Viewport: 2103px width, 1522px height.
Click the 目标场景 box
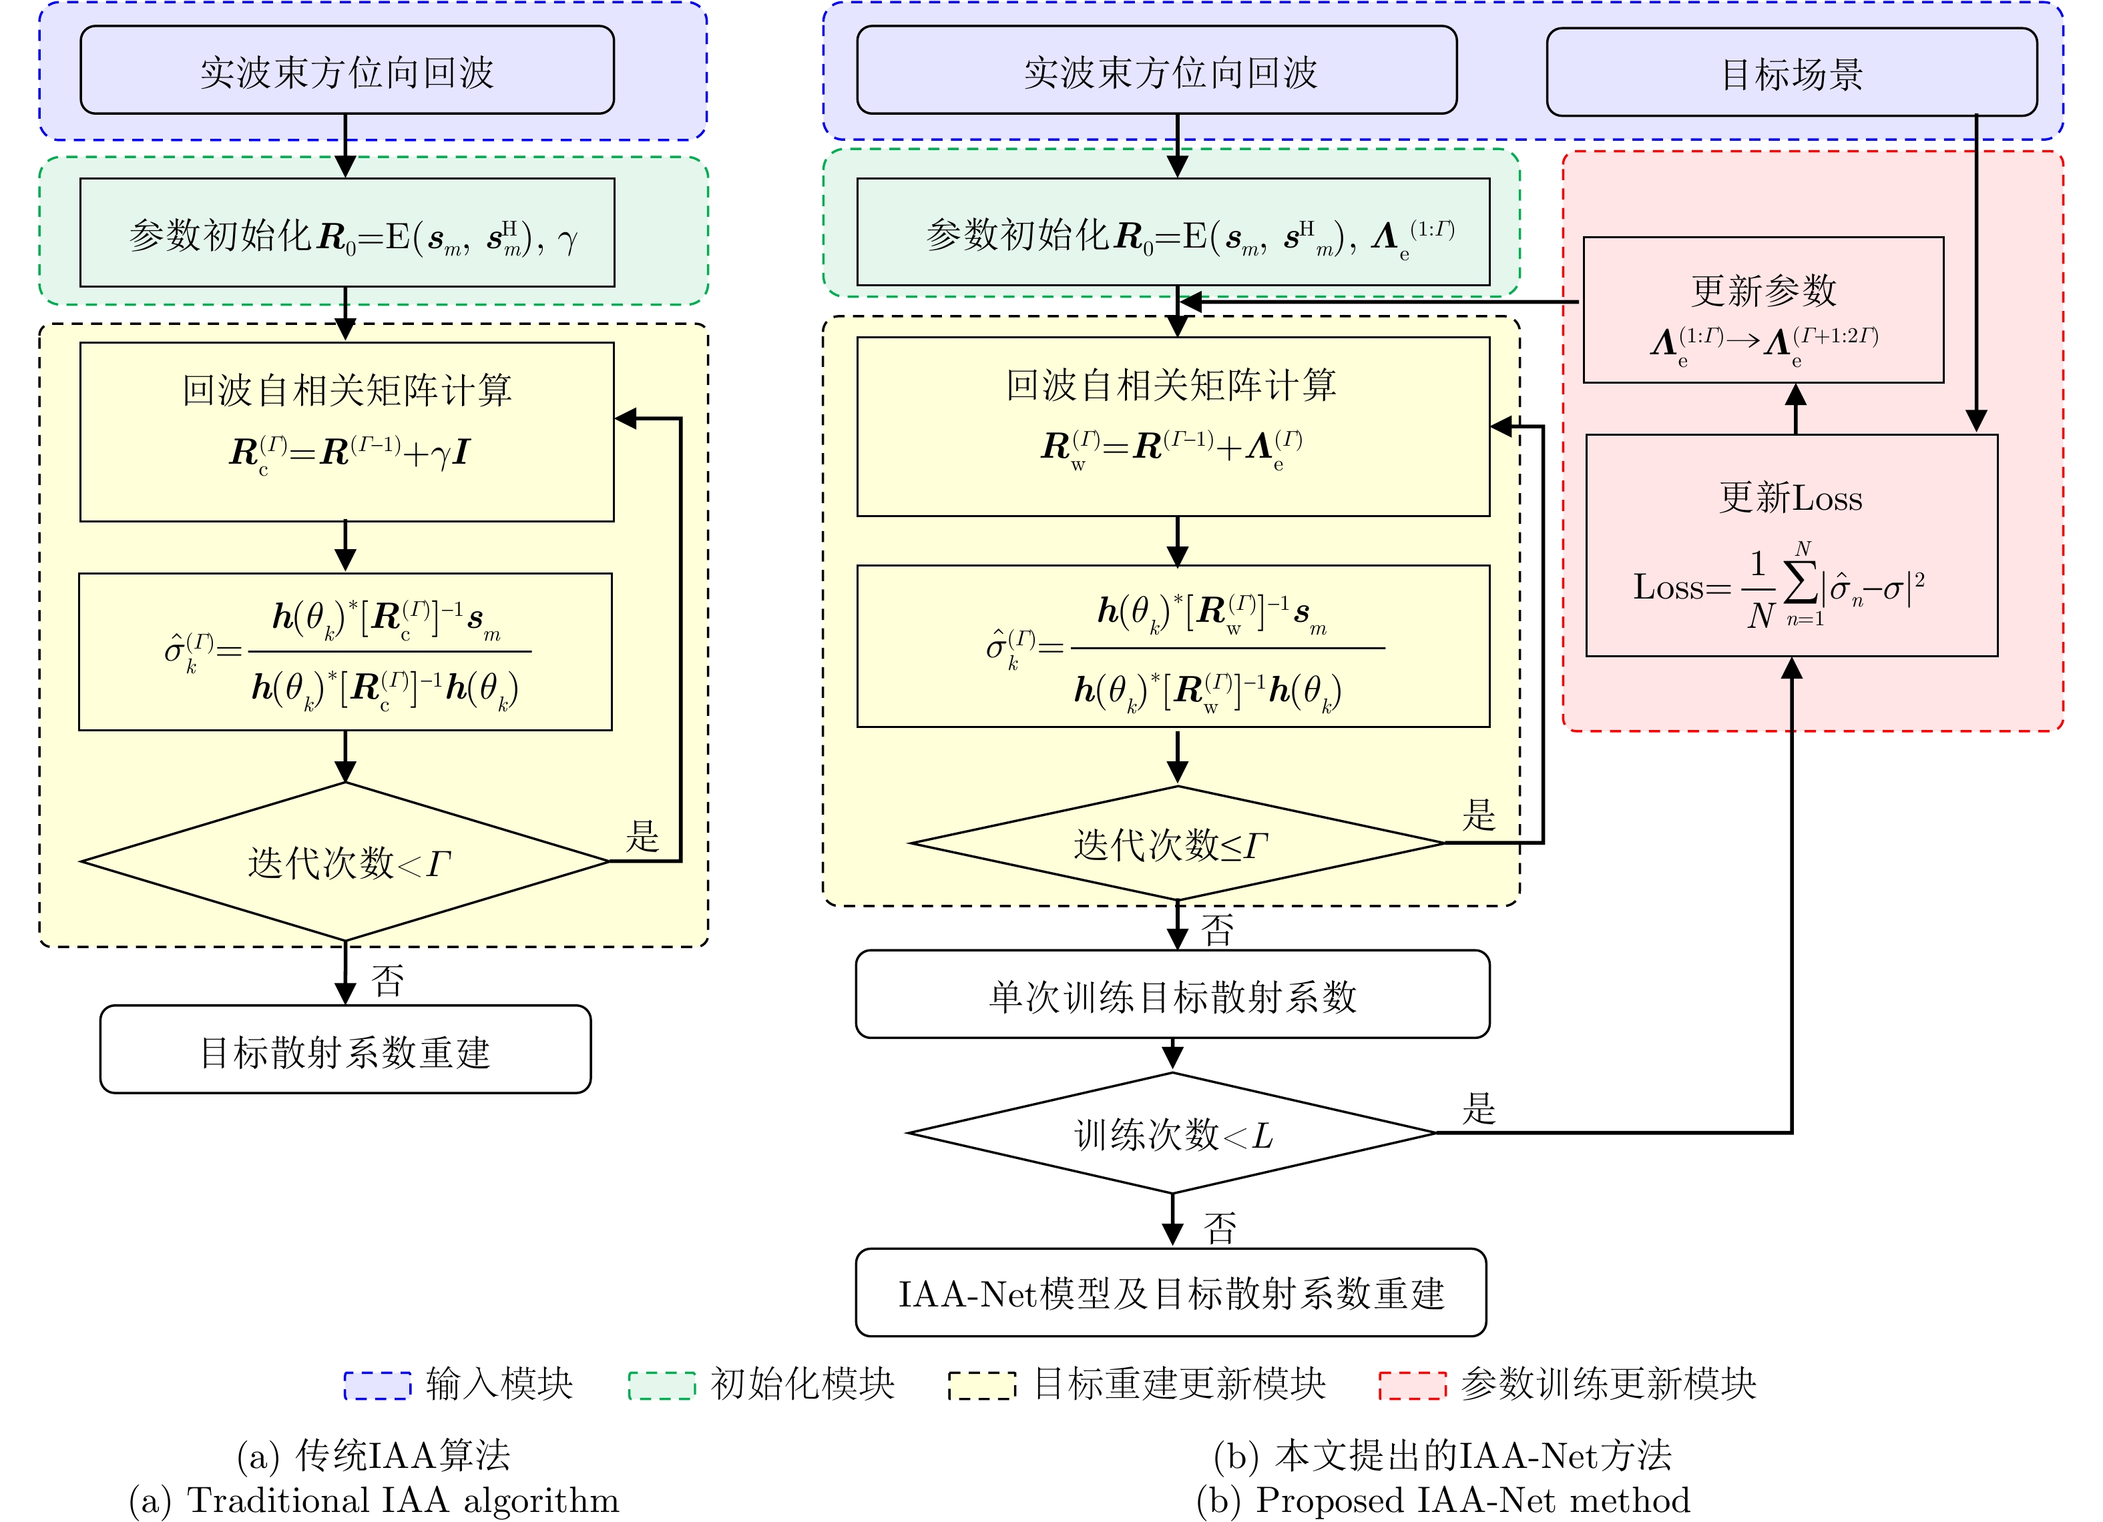point(1791,72)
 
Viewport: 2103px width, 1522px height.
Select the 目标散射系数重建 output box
point(345,1050)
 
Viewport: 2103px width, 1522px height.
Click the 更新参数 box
point(1763,310)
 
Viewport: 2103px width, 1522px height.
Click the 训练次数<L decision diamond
point(1172,1133)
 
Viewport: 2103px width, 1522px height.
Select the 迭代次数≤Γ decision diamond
point(1176,843)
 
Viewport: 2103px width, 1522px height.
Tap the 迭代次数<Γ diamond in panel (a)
point(345,861)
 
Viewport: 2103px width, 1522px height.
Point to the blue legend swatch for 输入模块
point(377,1385)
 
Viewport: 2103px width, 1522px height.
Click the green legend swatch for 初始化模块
point(661,1385)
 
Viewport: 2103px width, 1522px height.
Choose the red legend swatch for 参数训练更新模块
point(1412,1385)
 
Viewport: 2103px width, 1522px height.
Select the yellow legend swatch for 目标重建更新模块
point(982,1385)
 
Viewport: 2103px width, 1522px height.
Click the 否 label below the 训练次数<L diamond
point(1219,1228)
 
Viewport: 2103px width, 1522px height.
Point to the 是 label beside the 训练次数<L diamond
point(1479,1108)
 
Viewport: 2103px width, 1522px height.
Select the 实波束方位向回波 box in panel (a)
point(346,71)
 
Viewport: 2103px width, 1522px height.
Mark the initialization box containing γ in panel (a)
point(346,233)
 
